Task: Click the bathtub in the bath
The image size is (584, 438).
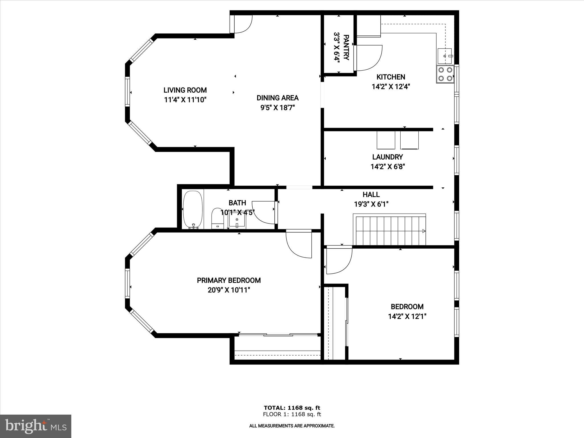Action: tap(193, 210)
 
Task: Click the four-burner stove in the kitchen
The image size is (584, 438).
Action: tap(445, 74)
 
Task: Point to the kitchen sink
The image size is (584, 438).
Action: tap(444, 56)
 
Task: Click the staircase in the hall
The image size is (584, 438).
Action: tap(390, 230)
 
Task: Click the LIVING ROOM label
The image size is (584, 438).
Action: tap(185, 90)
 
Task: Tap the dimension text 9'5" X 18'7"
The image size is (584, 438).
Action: tap(277, 108)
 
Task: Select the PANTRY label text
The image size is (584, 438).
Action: tap(346, 48)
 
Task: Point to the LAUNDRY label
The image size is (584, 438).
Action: tap(388, 157)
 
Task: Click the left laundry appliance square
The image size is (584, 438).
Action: tap(386, 140)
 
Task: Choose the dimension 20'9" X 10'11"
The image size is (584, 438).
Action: tap(229, 290)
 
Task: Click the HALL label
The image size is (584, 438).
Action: tap(371, 194)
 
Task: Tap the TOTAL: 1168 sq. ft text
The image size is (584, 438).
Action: tap(292, 408)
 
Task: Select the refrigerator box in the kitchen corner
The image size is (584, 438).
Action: tap(369, 26)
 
